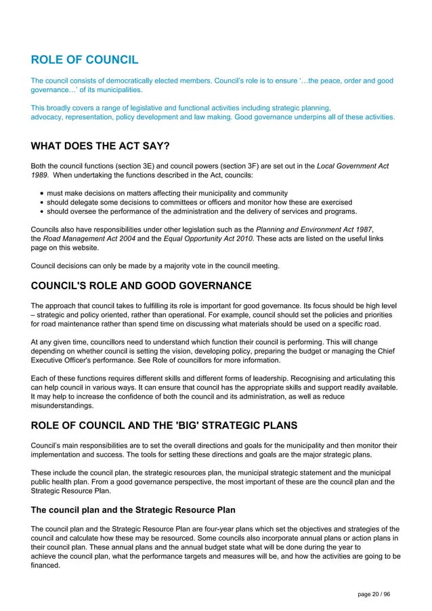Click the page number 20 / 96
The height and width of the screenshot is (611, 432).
[x=374, y=594]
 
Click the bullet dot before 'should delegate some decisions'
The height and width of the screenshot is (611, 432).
[x=42, y=203]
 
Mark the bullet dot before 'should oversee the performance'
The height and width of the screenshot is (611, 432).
[x=42, y=211]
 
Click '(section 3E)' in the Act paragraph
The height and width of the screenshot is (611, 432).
[x=140, y=166]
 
